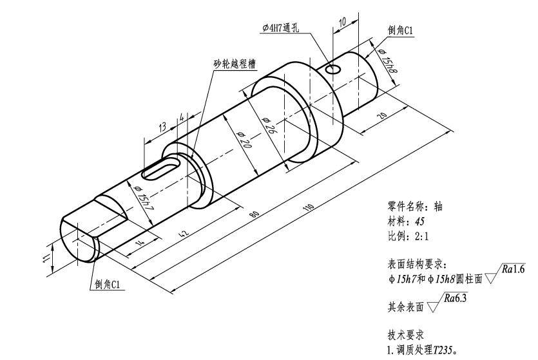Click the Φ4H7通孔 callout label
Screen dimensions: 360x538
click(x=283, y=27)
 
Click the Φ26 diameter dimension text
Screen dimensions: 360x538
click(x=271, y=125)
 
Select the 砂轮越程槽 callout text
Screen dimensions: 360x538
click(x=235, y=64)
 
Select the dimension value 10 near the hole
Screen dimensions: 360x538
click(x=343, y=21)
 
